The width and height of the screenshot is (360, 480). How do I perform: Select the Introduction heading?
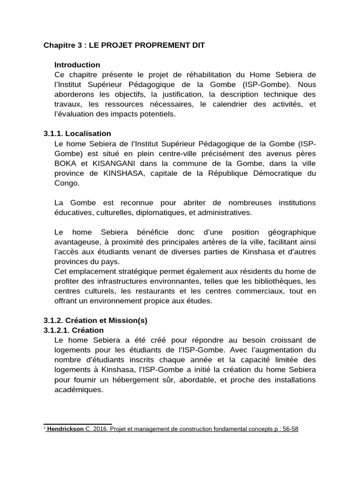77,65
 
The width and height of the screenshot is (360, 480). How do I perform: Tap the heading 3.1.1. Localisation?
77,134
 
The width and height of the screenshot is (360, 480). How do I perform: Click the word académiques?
78,390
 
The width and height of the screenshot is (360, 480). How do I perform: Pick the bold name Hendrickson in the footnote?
65,429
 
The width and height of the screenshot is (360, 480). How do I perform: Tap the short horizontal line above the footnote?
78,424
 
